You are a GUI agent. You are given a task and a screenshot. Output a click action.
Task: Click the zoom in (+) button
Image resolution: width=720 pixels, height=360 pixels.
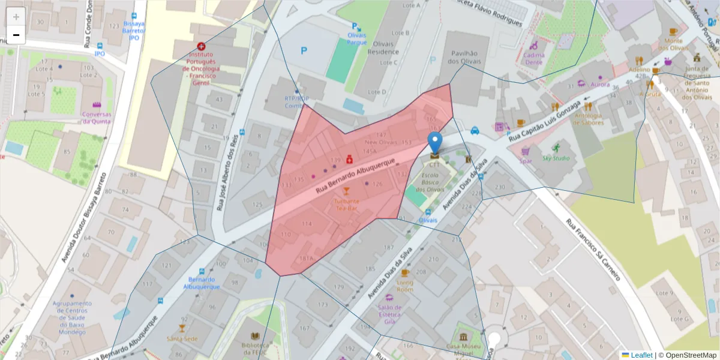point(16,17)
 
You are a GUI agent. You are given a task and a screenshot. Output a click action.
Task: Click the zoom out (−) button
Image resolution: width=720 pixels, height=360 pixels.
point(16,35)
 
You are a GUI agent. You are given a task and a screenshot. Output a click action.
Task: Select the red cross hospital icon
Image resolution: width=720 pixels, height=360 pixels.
point(200,46)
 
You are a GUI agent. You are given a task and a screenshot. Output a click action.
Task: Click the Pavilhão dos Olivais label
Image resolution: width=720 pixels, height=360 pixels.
point(461,57)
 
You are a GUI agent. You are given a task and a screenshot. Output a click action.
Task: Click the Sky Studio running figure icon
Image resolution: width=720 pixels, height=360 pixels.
point(556,148)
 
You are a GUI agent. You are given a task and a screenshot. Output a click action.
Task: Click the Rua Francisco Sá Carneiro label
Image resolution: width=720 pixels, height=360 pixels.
point(592,250)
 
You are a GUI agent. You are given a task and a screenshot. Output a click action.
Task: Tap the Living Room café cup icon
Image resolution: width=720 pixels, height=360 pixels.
point(405,273)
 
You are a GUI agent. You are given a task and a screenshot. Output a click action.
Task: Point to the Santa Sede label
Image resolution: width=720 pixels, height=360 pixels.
point(182,338)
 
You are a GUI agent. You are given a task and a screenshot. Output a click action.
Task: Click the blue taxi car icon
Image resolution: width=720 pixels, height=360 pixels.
point(475,130)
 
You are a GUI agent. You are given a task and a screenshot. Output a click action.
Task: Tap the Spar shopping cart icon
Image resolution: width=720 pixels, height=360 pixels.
point(526,151)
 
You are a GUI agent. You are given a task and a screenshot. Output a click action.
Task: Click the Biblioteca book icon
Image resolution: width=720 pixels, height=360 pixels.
point(254,337)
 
